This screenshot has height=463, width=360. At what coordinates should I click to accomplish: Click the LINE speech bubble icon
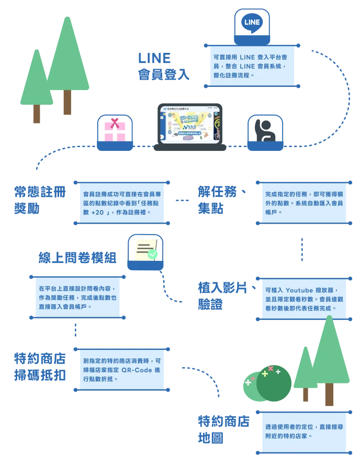(252, 23)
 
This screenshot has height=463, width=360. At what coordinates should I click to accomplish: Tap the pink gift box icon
(115, 130)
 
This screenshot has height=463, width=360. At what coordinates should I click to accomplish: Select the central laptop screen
(190, 126)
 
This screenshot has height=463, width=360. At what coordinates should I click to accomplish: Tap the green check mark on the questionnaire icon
(153, 255)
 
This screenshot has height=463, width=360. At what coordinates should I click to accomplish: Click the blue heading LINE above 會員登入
(155, 57)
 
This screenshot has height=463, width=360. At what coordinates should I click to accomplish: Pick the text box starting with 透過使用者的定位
(303, 431)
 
